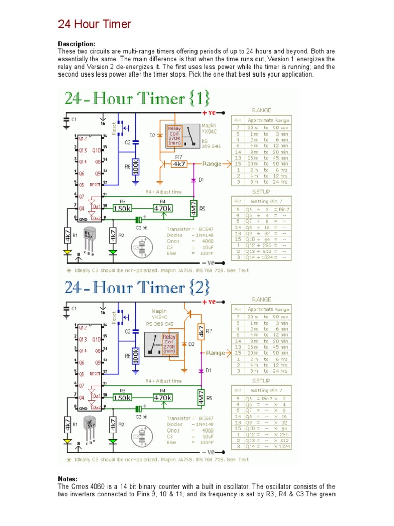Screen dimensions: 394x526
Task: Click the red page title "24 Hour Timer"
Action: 94,24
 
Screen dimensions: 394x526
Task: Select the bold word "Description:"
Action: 76,45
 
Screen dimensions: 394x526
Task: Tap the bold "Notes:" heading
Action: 69,479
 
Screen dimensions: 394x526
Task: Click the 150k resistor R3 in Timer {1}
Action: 122,209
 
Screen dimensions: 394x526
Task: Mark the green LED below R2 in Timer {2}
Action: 113,441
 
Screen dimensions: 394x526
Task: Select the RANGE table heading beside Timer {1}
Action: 262,110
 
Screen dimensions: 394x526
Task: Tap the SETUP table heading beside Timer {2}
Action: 261,381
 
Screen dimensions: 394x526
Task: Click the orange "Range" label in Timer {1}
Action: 212,164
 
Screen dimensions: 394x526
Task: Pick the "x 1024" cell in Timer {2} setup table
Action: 281,447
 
